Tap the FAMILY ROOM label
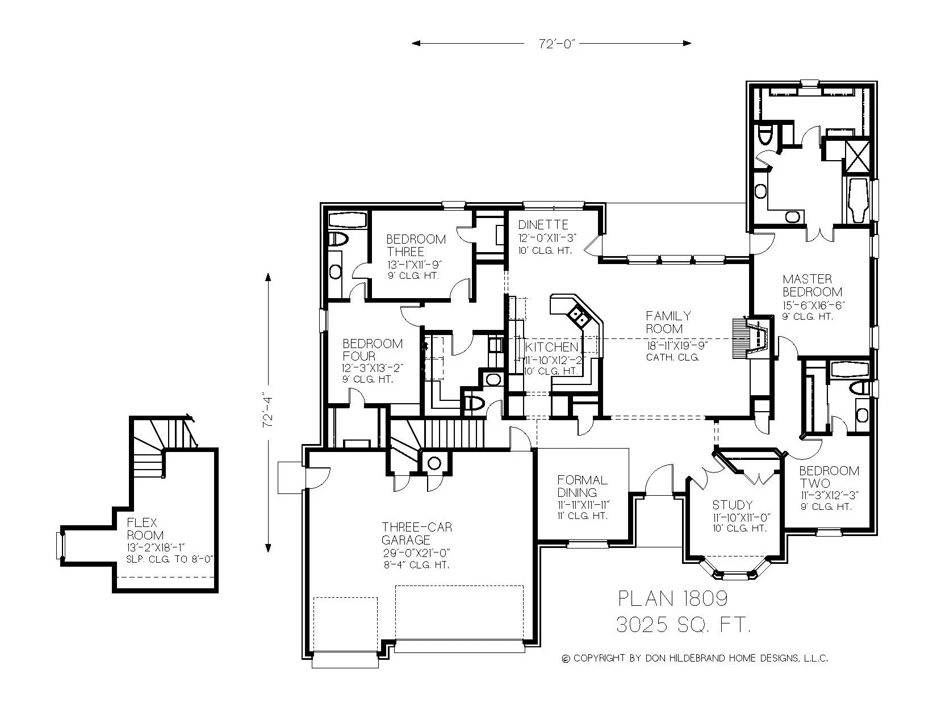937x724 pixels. pyautogui.click(x=668, y=322)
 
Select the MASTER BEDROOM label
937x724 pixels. pyautogui.click(x=811, y=286)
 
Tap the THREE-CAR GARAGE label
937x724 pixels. pyautogui.click(x=417, y=534)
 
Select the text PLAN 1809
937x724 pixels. pyautogui.click(x=672, y=598)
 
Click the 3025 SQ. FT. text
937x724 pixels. pyautogui.click(x=683, y=625)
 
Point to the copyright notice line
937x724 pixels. pyautogui.click(x=694, y=659)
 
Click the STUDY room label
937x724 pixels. pyautogui.click(x=732, y=505)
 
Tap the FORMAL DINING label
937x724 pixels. pyautogui.click(x=582, y=486)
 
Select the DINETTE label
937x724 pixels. pyautogui.click(x=542, y=225)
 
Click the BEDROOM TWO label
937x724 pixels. pyautogui.click(x=829, y=477)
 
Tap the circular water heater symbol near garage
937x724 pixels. pyautogui.click(x=434, y=463)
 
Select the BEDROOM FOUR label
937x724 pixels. pyautogui.click(x=372, y=349)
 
